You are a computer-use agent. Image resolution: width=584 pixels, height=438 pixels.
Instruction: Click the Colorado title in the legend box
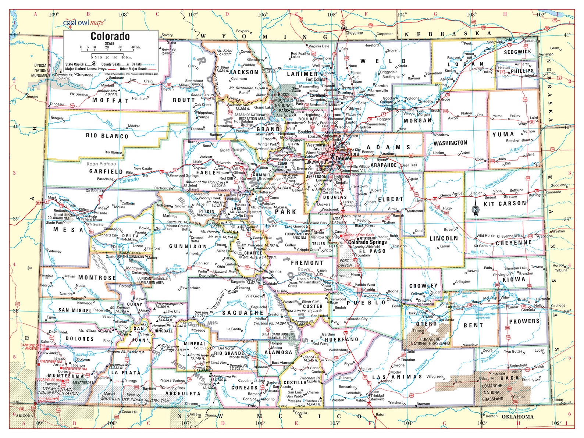click(x=110, y=36)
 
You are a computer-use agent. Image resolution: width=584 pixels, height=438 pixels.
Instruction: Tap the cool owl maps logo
click(x=84, y=23)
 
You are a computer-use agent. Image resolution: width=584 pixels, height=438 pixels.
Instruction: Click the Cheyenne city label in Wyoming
click(x=354, y=33)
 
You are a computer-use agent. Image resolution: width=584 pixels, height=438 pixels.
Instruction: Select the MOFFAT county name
click(x=110, y=100)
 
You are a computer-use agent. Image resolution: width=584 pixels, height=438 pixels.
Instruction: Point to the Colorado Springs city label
click(x=367, y=242)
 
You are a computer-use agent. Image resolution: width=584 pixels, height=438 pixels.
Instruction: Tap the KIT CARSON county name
click(x=505, y=204)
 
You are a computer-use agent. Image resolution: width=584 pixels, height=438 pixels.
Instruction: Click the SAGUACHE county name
click(x=243, y=313)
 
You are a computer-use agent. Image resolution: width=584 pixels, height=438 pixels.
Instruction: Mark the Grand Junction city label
click(x=67, y=215)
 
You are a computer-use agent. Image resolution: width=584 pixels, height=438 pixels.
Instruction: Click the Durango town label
click(x=130, y=381)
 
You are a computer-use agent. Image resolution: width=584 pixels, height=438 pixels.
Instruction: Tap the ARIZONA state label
click(x=24, y=415)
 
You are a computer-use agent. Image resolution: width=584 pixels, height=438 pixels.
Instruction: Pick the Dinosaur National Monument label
click(x=42, y=70)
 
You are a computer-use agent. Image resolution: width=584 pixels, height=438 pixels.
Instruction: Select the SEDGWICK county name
click(x=517, y=52)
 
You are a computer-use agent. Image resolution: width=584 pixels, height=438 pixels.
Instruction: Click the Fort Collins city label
click(x=315, y=79)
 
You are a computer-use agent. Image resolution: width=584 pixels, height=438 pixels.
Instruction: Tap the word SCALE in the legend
click(x=110, y=43)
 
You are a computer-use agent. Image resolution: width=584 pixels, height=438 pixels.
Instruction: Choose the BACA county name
click(x=509, y=378)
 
